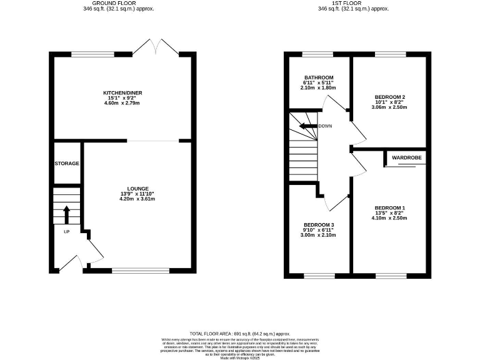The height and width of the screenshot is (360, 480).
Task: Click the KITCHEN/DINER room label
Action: point(122,93)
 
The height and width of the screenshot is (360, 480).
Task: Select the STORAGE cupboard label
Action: point(66,164)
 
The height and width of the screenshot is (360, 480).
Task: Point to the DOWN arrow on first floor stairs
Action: point(307,126)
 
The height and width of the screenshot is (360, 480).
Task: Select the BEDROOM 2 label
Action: point(389,97)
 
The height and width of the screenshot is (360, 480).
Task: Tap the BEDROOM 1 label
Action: point(389,207)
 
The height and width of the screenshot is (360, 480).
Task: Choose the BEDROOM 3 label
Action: point(319,224)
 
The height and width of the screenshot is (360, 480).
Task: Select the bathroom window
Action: point(319,56)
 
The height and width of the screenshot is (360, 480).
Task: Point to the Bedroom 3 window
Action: point(319,274)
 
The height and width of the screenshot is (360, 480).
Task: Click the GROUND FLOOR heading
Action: point(119,3)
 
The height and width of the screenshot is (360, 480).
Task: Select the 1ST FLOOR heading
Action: point(353,3)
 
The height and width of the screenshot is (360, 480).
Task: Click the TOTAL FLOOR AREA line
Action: point(240,334)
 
